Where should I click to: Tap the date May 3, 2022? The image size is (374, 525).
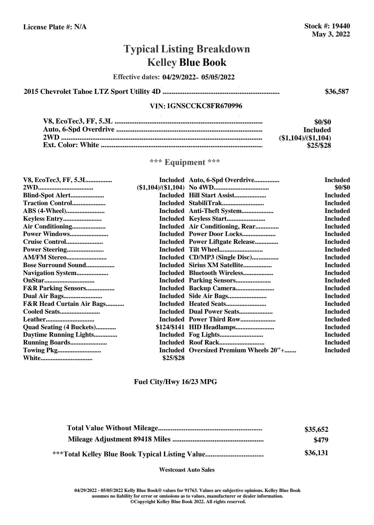click(x=331, y=34)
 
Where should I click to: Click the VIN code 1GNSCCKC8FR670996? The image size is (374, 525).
click(x=204, y=106)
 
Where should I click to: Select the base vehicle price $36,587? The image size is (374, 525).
click(x=337, y=92)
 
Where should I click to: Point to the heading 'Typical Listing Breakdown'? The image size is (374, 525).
click(x=187, y=49)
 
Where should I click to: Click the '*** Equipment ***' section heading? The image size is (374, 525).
click(x=185, y=162)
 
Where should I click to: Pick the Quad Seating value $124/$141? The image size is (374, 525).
click(x=170, y=327)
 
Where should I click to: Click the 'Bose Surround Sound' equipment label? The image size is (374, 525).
click(x=54, y=265)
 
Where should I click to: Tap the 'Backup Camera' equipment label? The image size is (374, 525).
click(x=212, y=288)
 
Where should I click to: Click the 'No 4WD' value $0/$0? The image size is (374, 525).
click(x=342, y=188)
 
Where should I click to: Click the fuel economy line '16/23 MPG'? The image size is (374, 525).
click(x=175, y=382)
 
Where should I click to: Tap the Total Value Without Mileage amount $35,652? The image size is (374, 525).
click(x=316, y=430)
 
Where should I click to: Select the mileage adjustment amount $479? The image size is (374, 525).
click(x=321, y=440)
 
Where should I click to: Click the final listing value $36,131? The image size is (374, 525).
click(x=316, y=453)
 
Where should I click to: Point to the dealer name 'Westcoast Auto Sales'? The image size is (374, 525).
click(x=187, y=470)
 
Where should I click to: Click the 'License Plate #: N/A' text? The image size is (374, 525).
click(x=55, y=27)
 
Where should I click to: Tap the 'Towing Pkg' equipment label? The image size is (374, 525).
click(x=40, y=350)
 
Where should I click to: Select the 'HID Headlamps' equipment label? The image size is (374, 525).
click(x=212, y=327)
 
